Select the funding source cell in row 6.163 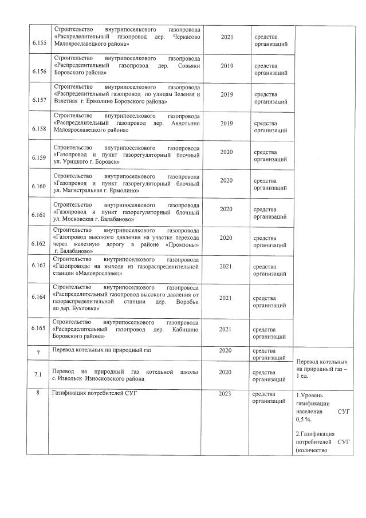pos(270,270)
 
